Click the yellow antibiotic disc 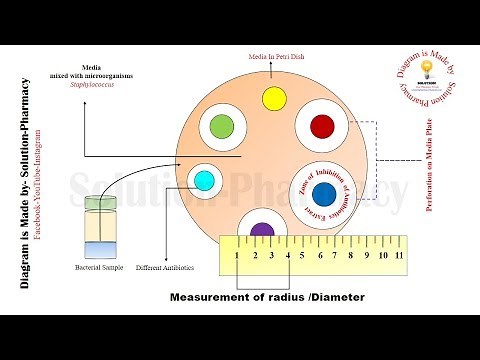275,98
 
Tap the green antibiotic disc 221,127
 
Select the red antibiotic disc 322,126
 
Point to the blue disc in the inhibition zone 323,192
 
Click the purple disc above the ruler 262,230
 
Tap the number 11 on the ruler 399,256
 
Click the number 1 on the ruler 237,256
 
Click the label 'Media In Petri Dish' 276,58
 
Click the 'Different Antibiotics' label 164,268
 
